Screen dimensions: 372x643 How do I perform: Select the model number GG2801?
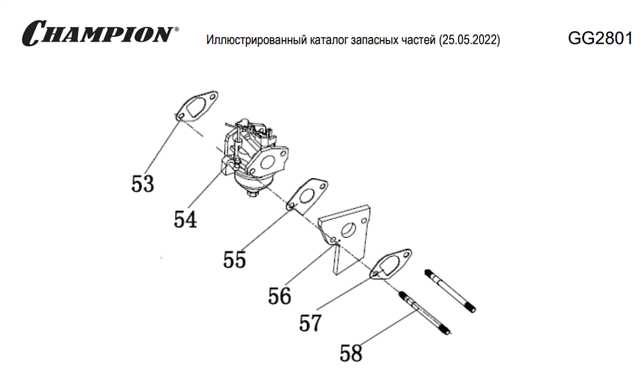point(599,38)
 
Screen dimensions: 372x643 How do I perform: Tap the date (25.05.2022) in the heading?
point(470,41)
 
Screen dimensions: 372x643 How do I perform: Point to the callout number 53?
point(143,183)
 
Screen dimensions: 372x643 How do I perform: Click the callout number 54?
point(186,219)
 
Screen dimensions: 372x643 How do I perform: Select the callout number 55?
point(235,259)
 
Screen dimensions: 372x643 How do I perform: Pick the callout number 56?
point(279,296)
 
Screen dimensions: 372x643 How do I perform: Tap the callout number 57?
point(310,323)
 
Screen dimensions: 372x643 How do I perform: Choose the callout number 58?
point(351,353)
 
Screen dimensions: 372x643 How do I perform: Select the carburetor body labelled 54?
point(254,157)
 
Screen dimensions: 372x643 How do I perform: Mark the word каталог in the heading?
point(330,41)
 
